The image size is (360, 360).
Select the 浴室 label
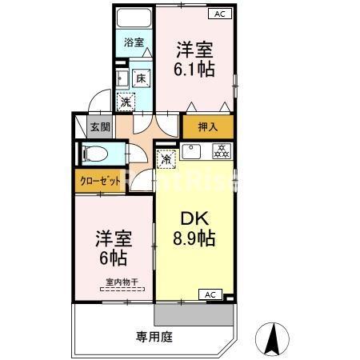tap(133, 42)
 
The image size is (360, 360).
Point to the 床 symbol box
tap(140, 78)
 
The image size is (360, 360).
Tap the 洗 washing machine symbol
tap(126, 101)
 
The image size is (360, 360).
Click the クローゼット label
tap(99, 181)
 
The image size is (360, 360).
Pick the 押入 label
tap(208, 126)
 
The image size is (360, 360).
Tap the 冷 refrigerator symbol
tap(166, 158)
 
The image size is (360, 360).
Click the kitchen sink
tap(192, 151)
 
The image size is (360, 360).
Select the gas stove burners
tap(220, 150)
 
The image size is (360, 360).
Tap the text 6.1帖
tap(194, 69)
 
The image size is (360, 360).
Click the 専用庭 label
tap(154, 336)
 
